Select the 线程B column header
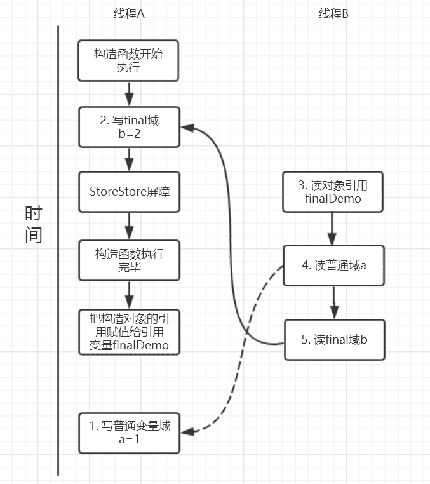click(x=333, y=15)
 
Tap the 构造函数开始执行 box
click(x=128, y=61)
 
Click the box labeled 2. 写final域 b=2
click(x=128, y=127)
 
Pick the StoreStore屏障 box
click(x=128, y=191)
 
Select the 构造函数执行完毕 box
click(x=128, y=260)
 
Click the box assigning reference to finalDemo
click(x=128, y=332)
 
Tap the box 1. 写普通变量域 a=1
click(x=128, y=432)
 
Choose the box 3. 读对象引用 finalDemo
click(x=333, y=191)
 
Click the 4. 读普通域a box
click(x=333, y=266)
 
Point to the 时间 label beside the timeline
click(x=33, y=224)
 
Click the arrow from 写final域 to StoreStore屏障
click(x=129, y=159)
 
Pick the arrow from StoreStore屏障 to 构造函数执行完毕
click(x=129, y=225)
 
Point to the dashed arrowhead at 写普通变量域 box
click(x=185, y=431)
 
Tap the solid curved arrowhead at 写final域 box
click(x=186, y=128)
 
